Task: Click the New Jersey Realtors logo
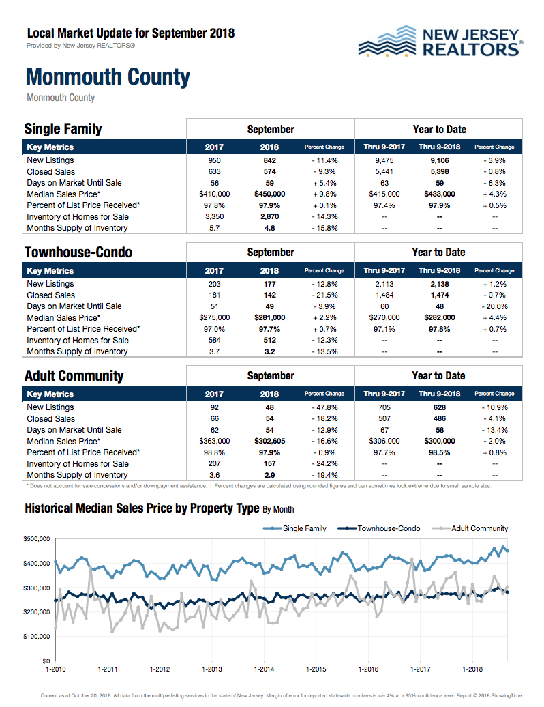(x=440, y=42)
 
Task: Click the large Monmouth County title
(x=108, y=77)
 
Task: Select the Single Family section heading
(x=63, y=129)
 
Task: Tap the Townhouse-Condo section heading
(x=78, y=252)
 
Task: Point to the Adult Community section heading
(x=74, y=376)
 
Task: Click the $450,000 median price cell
(x=269, y=194)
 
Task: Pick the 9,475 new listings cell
(x=384, y=160)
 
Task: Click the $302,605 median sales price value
(x=269, y=441)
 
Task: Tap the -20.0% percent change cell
(x=494, y=306)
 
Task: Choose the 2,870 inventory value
(x=269, y=216)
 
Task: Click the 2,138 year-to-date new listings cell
(x=439, y=284)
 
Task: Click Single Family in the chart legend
(x=304, y=528)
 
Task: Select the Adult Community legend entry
(x=479, y=528)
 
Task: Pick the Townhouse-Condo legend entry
(x=389, y=528)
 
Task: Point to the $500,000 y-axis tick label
(x=37, y=539)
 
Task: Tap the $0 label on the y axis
(x=46, y=661)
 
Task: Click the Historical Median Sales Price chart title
(x=142, y=508)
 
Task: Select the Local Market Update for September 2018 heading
(x=130, y=33)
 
